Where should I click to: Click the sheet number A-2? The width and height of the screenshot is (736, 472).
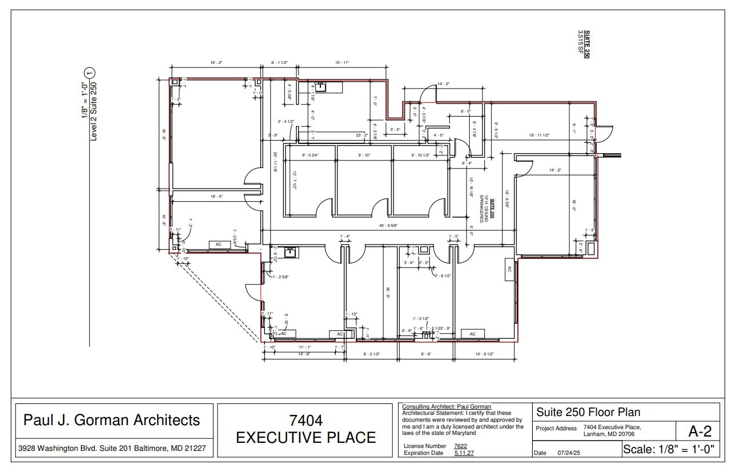(x=695, y=430)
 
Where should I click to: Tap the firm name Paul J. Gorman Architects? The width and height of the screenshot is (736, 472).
(x=111, y=420)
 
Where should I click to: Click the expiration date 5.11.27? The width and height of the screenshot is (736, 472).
(x=464, y=453)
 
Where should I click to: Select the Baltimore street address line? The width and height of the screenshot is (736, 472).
(x=111, y=449)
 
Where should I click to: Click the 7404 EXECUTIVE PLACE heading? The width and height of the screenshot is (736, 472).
(x=305, y=429)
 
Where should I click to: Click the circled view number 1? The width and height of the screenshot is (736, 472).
(x=89, y=73)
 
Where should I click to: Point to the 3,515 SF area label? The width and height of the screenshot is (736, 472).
(x=581, y=44)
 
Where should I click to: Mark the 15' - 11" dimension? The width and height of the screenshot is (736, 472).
(x=342, y=63)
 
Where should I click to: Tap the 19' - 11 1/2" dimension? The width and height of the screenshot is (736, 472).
(x=539, y=135)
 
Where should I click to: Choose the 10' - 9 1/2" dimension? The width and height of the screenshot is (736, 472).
(x=484, y=354)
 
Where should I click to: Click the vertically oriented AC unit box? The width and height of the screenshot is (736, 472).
(x=509, y=270)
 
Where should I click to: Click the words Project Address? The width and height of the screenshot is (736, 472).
(x=557, y=428)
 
